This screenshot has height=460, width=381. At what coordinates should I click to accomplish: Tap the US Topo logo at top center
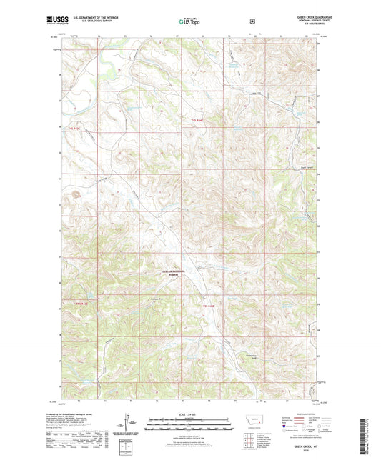tap(189, 22)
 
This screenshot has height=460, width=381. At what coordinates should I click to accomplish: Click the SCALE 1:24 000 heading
tap(190, 414)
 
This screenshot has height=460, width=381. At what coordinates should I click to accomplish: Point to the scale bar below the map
tap(190, 426)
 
